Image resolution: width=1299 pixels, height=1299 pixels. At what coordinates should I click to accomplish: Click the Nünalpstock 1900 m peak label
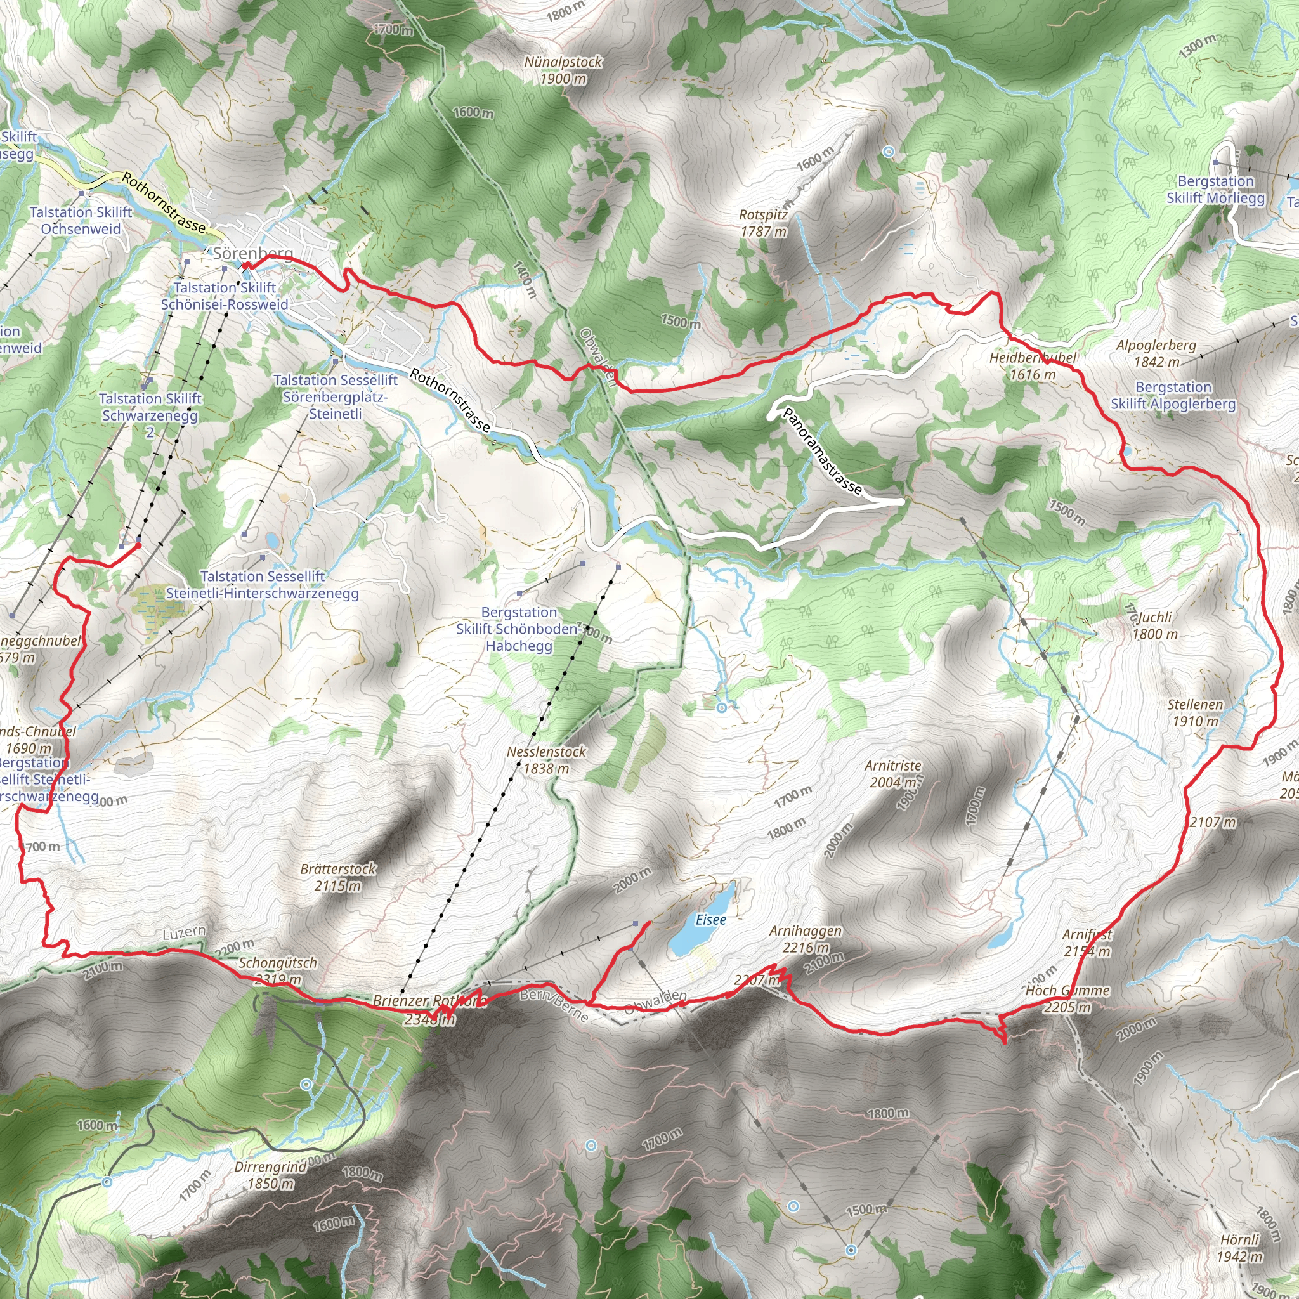click(x=563, y=70)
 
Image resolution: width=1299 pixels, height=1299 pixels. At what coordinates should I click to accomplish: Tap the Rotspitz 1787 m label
click(x=762, y=223)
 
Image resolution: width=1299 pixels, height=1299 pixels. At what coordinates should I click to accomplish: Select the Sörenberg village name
click(x=253, y=254)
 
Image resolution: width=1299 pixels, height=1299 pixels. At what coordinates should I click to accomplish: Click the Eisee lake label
click(x=710, y=919)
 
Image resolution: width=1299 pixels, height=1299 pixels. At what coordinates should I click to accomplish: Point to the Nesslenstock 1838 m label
click(x=546, y=760)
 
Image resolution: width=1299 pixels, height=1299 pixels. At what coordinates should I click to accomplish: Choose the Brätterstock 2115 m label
click(x=338, y=877)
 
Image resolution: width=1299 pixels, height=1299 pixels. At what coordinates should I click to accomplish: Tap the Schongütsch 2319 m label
click(x=278, y=971)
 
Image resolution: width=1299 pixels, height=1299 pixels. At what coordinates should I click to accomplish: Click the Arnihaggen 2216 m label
click(x=805, y=939)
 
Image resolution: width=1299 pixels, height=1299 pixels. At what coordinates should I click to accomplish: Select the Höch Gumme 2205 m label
click(x=1067, y=998)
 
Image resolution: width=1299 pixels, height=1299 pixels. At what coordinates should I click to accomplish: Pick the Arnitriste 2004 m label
click(x=893, y=773)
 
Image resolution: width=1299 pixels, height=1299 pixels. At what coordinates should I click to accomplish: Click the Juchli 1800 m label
click(x=1155, y=625)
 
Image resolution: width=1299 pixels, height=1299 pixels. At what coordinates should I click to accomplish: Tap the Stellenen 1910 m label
click(x=1195, y=713)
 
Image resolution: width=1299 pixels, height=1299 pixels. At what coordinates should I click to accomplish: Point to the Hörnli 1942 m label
click(x=1240, y=1248)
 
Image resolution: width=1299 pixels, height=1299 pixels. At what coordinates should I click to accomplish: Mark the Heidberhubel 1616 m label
click(x=1033, y=366)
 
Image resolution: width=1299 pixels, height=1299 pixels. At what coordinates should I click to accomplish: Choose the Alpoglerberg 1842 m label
click(x=1156, y=353)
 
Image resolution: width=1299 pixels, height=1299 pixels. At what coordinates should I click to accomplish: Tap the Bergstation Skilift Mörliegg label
click(x=1216, y=190)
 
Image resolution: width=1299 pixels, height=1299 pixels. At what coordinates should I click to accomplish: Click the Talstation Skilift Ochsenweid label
click(x=81, y=221)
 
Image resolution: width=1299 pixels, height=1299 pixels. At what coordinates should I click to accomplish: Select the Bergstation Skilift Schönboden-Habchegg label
click(x=519, y=629)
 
